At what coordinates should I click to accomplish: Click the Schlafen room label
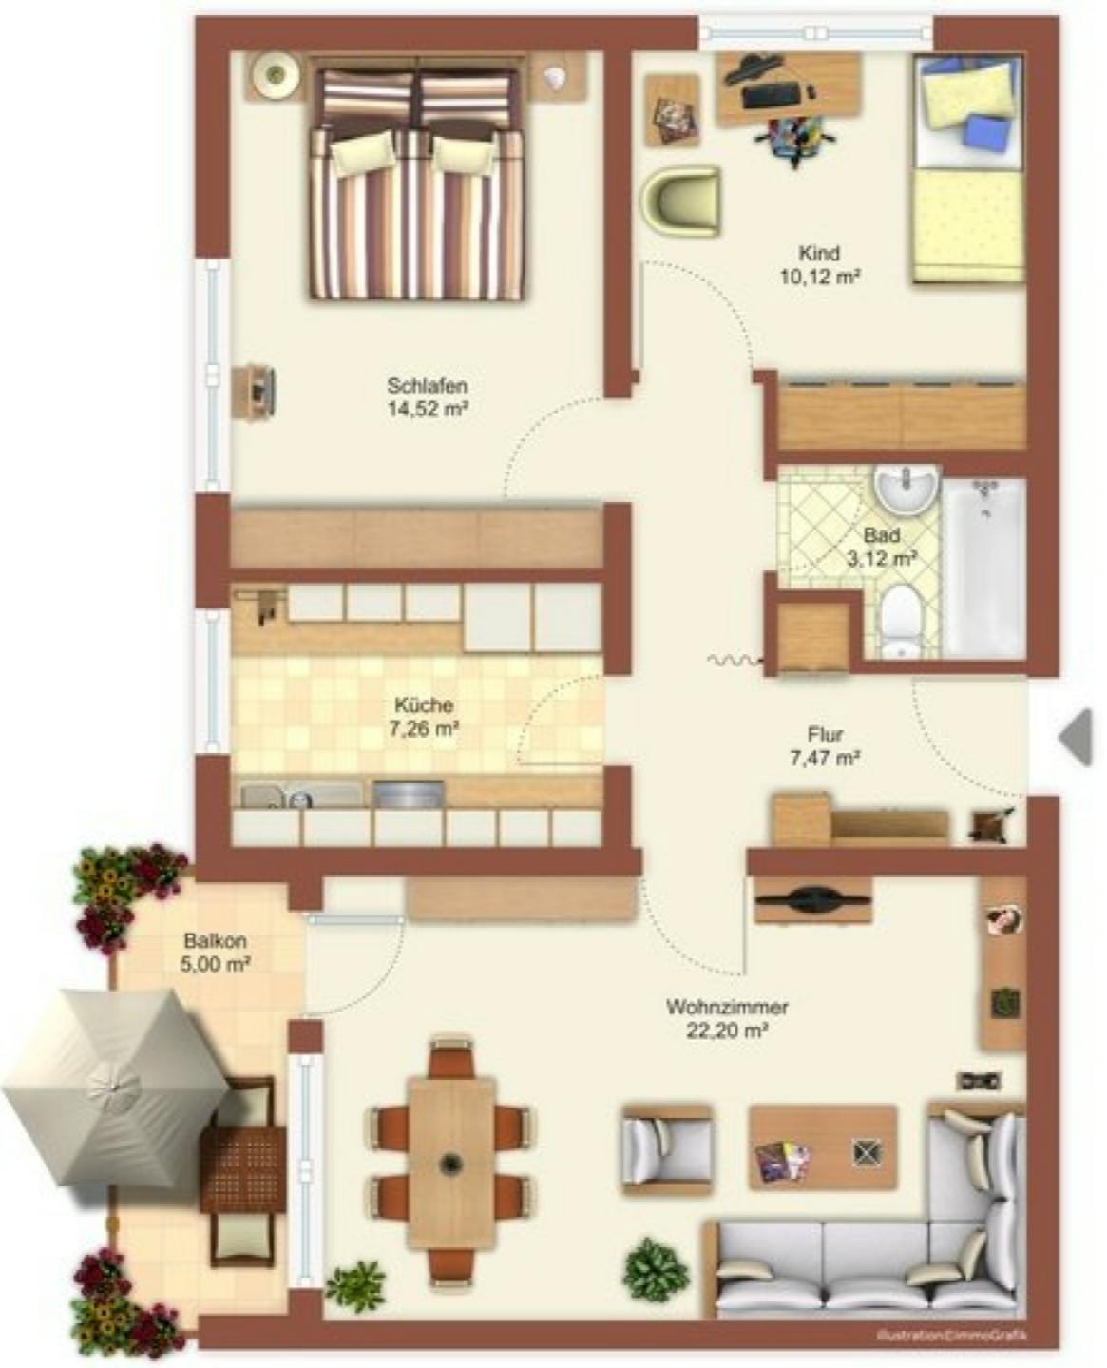coord(427,386)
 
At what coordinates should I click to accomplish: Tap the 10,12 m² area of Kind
coord(818,278)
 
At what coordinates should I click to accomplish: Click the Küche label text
coord(423,705)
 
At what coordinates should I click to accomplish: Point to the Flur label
coord(825,735)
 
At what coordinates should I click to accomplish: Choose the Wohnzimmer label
coord(727,1007)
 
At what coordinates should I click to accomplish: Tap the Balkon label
coord(216,941)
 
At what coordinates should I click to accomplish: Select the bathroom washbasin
coord(907,491)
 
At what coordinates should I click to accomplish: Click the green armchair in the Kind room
coord(680,200)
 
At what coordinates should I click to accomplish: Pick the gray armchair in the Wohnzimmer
coord(665,1148)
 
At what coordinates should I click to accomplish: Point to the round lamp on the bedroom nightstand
coord(276,74)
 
